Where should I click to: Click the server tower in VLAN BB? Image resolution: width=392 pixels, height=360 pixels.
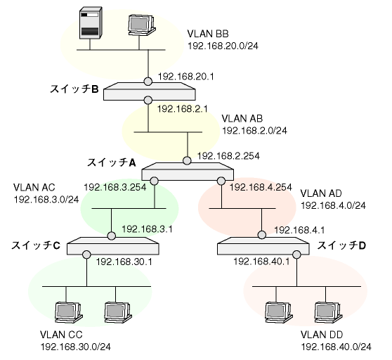(x=91, y=23)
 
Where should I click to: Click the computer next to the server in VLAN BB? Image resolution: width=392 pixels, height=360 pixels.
(x=141, y=25)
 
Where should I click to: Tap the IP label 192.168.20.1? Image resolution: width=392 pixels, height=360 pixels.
(x=186, y=77)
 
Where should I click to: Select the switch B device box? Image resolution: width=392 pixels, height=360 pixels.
(x=150, y=91)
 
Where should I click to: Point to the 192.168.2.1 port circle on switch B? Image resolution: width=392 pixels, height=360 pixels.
(x=148, y=100)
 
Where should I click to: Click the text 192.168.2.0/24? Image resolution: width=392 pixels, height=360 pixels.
(x=254, y=131)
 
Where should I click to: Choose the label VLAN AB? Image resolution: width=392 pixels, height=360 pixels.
(x=242, y=119)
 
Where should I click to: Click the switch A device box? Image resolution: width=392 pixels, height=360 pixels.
(x=188, y=172)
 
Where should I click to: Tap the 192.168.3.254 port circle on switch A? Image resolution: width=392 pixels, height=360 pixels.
(x=155, y=181)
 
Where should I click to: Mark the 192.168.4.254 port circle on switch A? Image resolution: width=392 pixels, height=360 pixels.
(x=221, y=181)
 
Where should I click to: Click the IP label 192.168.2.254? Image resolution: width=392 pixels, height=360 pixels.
(x=228, y=156)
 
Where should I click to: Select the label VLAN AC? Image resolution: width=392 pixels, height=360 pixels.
(x=34, y=187)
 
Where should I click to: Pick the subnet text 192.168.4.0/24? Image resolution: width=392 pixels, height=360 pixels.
(x=333, y=205)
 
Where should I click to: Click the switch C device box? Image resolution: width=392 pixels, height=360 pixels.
(x=112, y=246)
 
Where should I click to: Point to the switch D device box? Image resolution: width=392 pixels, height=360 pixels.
(x=263, y=245)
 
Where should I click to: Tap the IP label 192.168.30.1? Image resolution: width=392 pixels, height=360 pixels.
(x=124, y=262)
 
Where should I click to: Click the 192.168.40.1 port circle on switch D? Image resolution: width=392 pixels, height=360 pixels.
(x=296, y=255)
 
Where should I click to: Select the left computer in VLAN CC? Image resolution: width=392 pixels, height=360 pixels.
(x=68, y=313)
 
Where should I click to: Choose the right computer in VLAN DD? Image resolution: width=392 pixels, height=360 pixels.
(x=328, y=313)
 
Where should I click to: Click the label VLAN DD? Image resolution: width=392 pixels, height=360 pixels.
(x=322, y=335)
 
